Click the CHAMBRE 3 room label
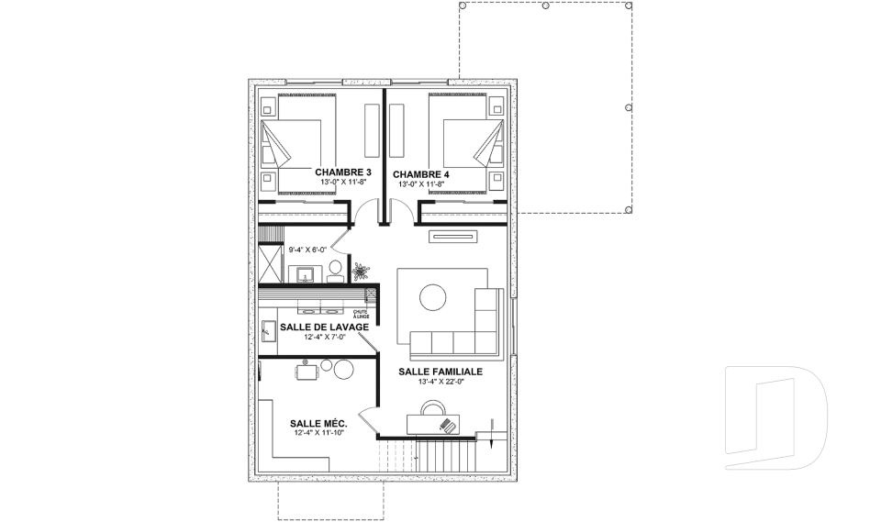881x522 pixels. (x=342, y=172)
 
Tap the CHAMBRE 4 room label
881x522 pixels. (x=421, y=174)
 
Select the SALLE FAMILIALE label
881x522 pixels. (x=440, y=372)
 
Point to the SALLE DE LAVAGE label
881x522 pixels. (x=324, y=327)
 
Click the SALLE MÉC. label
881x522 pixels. (x=318, y=423)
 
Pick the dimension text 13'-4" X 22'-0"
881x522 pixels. (x=440, y=382)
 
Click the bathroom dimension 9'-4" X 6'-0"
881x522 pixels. (x=307, y=250)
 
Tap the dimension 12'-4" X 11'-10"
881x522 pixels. (x=318, y=433)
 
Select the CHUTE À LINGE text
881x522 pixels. (x=361, y=314)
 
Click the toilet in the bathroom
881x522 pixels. (x=336, y=272)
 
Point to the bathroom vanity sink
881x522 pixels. (x=305, y=275)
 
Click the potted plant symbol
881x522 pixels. (x=360, y=272)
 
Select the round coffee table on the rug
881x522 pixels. (x=432, y=297)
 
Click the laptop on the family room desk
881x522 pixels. (x=447, y=426)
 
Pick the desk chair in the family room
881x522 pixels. (x=432, y=407)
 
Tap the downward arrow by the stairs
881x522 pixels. (x=491, y=433)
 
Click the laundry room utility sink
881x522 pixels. (x=269, y=330)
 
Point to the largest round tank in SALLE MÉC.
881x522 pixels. (x=344, y=369)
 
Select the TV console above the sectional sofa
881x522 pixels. (x=452, y=236)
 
